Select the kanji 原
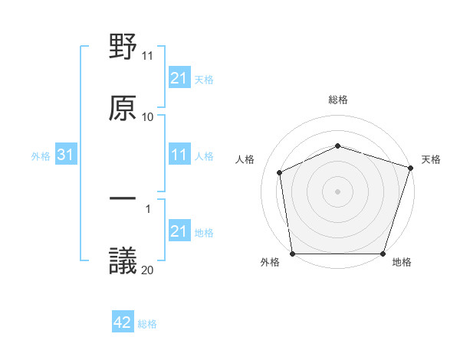tap(123, 107)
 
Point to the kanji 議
tap(123, 260)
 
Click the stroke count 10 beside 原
tap(148, 116)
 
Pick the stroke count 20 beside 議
tap(148, 269)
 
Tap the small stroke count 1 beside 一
tap(148, 208)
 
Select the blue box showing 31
tap(65, 155)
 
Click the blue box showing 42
tap(123, 323)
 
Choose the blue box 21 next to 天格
tap(179, 78)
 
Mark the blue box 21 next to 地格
tap(179, 232)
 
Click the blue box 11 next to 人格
tap(179, 155)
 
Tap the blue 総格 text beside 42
tap(147, 324)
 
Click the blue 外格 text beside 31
tap(41, 156)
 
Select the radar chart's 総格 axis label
tap(338, 100)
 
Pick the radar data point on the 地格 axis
tap(383, 254)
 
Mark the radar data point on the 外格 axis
tap(293, 254)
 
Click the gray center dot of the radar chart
tap(338, 191)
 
